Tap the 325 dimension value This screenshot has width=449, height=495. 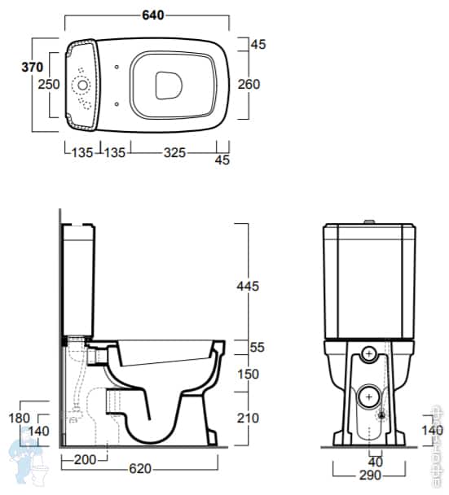pos(174,151)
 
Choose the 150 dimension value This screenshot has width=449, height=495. pos(247,375)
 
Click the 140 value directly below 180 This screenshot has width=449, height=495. pos(38,431)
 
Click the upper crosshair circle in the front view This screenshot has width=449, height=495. pos(370,354)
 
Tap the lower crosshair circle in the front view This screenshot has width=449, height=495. pos(370,396)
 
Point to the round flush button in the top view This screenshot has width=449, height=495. pos(82,85)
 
